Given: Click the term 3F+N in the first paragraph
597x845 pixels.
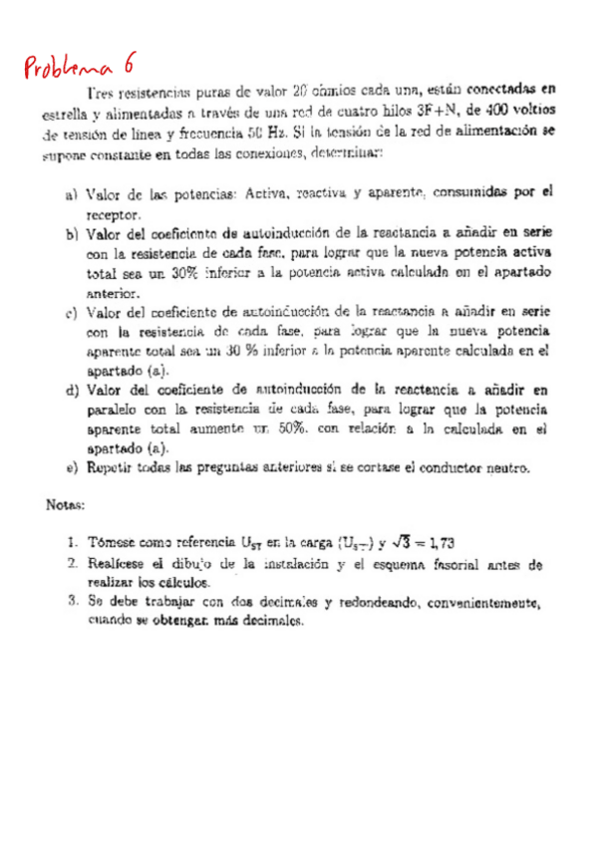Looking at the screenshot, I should click(436, 111).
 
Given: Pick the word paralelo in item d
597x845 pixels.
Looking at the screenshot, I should click(116, 410).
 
